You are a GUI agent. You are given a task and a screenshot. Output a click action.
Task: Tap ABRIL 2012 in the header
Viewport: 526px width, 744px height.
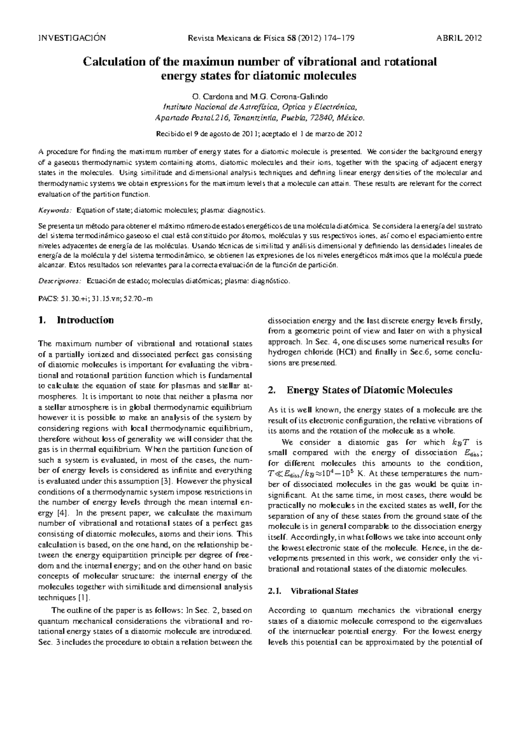pyautogui.click(x=459, y=38)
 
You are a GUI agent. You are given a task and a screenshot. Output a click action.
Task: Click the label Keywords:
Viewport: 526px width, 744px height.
pyautogui.click(x=55, y=211)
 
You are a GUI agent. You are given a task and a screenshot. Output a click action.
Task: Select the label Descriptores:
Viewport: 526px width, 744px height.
pyautogui.click(x=60, y=281)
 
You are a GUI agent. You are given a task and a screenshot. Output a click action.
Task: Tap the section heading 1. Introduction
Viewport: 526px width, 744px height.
pyautogui.click(x=76, y=320)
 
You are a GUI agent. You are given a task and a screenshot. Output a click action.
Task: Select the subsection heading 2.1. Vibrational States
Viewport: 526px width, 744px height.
pyautogui.click(x=313, y=591)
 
